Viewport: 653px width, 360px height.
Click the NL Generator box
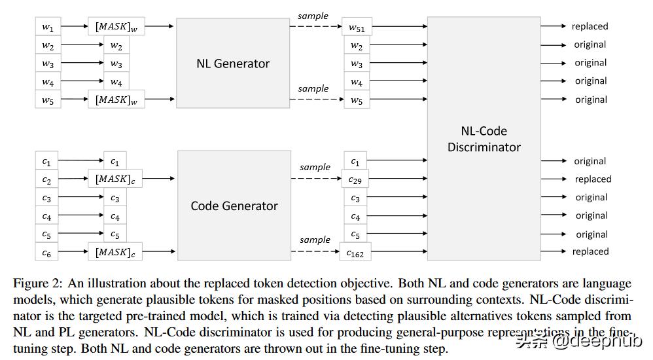pyautogui.click(x=234, y=63)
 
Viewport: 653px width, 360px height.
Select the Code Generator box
pyautogui.click(x=234, y=206)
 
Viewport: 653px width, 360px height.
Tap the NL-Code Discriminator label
pyautogui.click(x=484, y=139)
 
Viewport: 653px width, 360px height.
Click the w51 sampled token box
pyautogui.click(x=357, y=27)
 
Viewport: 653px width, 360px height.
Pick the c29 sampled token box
pyautogui.click(x=355, y=179)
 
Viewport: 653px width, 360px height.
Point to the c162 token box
pyautogui.click(x=355, y=253)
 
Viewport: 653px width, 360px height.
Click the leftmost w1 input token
pyautogui.click(x=48, y=27)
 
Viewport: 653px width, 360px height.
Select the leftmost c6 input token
pyautogui.click(x=46, y=253)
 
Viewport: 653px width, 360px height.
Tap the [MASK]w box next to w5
pyautogui.click(x=116, y=100)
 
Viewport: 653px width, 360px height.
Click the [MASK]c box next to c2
pyautogui.click(x=115, y=179)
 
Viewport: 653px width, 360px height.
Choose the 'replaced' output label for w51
pyautogui.click(x=590, y=27)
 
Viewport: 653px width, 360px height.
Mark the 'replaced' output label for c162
pyautogui.click(x=590, y=252)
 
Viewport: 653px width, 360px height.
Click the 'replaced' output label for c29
pyautogui.click(x=593, y=179)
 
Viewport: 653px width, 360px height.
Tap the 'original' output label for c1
pyautogui.click(x=590, y=161)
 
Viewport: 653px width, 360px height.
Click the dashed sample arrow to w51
pyautogui.click(x=316, y=27)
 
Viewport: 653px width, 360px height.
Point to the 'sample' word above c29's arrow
pyautogui.click(x=315, y=167)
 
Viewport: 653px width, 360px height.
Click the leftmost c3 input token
pyautogui.click(x=46, y=198)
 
